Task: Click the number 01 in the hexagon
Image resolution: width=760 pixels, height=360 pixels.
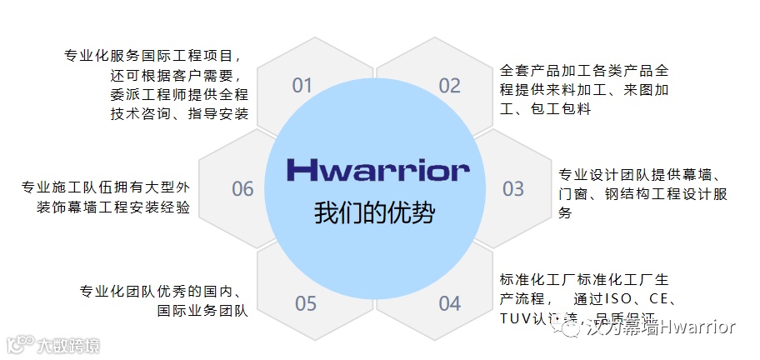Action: (302, 85)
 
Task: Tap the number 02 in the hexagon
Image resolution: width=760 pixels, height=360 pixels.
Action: (449, 85)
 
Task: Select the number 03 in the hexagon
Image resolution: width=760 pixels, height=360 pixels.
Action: (513, 188)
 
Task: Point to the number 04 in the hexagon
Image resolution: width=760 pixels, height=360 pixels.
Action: (449, 302)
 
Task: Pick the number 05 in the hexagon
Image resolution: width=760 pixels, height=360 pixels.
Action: (306, 302)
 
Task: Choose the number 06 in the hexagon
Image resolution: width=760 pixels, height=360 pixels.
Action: (242, 189)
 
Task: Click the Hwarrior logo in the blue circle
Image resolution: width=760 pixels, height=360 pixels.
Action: (377, 170)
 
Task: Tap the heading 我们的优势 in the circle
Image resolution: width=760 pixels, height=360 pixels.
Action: (374, 212)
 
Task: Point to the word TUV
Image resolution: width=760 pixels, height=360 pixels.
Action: (517, 319)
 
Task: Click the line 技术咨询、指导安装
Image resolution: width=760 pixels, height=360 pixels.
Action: (179, 113)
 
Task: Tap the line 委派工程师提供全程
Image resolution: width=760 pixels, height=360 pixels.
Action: (179, 94)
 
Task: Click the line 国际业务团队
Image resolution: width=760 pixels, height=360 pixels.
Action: (202, 311)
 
